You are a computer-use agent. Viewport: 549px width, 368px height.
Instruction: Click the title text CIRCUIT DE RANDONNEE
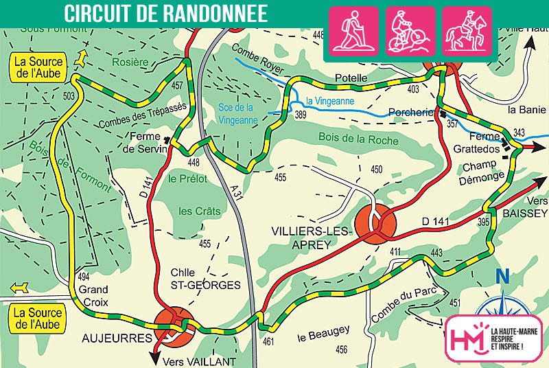[x=166, y=13]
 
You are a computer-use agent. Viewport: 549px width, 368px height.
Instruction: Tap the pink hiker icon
[x=354, y=31]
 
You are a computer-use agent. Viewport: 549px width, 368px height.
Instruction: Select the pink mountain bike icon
[x=410, y=31]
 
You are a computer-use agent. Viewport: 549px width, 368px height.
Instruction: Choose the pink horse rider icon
[x=466, y=31]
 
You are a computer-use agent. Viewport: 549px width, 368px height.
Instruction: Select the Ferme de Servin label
[x=146, y=142]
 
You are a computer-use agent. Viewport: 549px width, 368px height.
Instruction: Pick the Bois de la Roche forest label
[x=358, y=139]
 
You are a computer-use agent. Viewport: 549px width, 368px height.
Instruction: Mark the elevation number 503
[x=68, y=96]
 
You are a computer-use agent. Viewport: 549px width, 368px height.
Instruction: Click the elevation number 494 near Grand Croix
[x=82, y=276]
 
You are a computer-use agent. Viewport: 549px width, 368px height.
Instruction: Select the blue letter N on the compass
[x=502, y=277]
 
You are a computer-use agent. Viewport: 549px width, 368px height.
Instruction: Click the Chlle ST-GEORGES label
[x=206, y=279]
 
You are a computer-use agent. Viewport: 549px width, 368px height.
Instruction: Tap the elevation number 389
[x=301, y=116]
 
